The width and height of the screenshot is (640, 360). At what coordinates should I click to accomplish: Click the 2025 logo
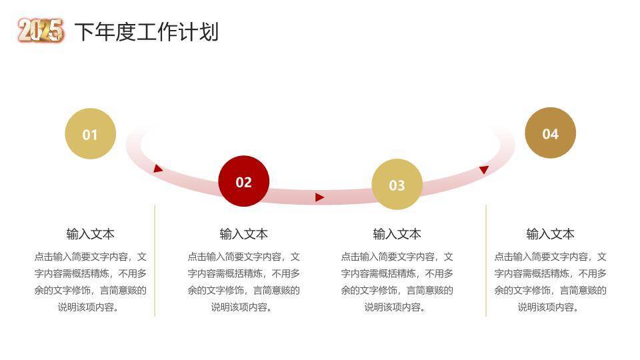[x=41, y=31]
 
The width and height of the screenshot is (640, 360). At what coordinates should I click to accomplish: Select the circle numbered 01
[x=90, y=134]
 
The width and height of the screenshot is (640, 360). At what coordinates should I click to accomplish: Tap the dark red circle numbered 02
[x=243, y=181]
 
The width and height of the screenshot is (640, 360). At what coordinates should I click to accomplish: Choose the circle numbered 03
[x=397, y=185]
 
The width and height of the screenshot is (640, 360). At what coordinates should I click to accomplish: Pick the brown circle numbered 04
[x=550, y=133]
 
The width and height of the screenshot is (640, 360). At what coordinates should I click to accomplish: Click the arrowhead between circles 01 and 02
[x=158, y=169]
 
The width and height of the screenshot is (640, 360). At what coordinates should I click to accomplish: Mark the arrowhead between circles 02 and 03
[x=319, y=197]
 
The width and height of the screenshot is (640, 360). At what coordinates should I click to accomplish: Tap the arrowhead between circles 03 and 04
[x=484, y=170]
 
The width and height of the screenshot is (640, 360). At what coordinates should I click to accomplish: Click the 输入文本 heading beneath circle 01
[x=90, y=234]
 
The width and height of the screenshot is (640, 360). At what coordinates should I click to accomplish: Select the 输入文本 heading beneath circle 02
[x=243, y=234]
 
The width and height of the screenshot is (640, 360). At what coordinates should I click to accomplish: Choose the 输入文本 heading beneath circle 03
[x=397, y=234]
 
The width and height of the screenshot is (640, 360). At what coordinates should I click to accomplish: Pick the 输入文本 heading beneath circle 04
[x=550, y=234]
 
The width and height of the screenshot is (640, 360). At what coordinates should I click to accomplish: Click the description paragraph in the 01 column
[x=90, y=282]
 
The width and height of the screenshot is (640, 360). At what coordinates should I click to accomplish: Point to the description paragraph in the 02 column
[x=243, y=282]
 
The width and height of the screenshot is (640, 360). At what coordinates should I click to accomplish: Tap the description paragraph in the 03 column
[x=397, y=282]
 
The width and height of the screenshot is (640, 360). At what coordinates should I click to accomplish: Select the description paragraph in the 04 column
[x=550, y=282]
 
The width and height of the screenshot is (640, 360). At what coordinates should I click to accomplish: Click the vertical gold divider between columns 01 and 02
[x=155, y=260]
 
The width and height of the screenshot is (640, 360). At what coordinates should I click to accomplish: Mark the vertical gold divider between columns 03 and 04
[x=486, y=260]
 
